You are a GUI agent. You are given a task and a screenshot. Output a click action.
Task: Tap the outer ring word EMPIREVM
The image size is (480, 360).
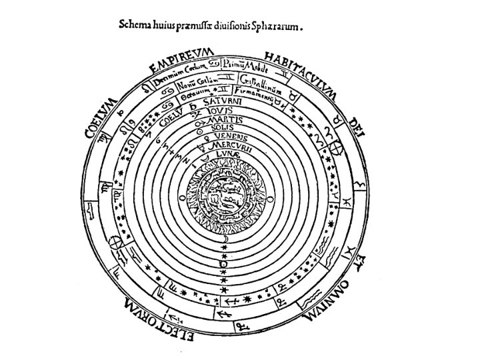pyautogui.click(x=181, y=61)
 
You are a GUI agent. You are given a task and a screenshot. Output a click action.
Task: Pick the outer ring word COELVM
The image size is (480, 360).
pyautogui.click(x=101, y=116)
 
